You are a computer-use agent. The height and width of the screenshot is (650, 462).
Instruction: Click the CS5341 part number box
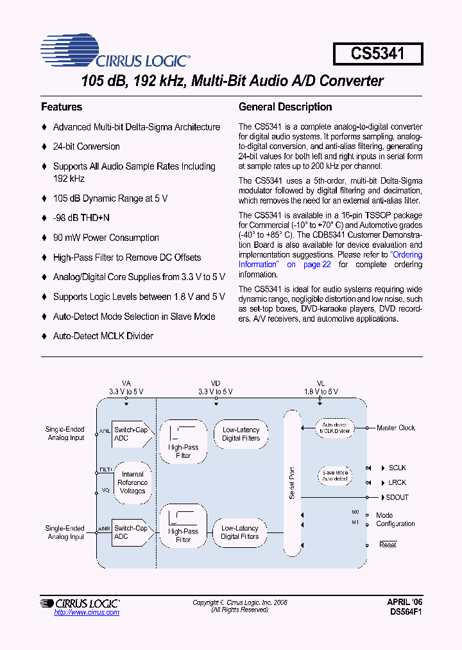pos(377,53)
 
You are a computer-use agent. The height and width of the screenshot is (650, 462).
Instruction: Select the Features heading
pos(62,107)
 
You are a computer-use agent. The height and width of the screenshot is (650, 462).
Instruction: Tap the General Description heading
pos(285,107)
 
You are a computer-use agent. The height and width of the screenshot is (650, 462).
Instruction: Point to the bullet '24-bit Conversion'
pos(86,146)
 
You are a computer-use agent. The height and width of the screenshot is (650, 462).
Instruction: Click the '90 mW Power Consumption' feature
pos(106,238)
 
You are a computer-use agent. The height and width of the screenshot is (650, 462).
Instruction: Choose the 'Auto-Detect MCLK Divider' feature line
pos(103,336)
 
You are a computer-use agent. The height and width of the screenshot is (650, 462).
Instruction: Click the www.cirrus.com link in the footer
pos(87,613)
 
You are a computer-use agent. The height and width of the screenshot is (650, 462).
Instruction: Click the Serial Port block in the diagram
pos(292,482)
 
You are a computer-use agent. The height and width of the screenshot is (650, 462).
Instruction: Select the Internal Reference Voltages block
pos(133,482)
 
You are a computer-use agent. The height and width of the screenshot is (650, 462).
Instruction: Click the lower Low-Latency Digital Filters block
pos(240,532)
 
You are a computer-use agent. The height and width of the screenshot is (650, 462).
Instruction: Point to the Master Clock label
pos(396,428)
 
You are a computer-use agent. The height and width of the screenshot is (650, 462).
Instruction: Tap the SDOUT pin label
pos(397,497)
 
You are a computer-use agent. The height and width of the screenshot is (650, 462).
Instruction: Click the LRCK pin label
pos(397,482)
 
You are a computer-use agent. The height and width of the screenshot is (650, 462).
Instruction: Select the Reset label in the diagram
pos(388,545)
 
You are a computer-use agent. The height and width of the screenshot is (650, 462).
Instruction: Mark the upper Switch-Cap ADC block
pos(131,434)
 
